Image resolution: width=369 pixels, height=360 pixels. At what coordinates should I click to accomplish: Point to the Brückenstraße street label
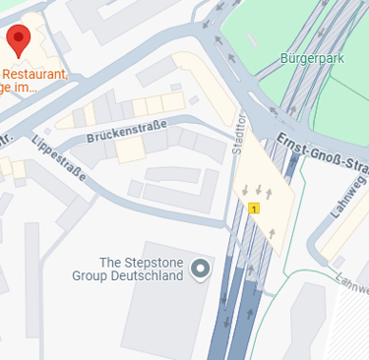coord(126,129)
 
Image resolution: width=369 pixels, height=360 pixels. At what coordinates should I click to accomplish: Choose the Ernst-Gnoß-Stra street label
coord(326,152)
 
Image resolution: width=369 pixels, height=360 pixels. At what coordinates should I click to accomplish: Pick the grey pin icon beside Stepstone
coord(202,269)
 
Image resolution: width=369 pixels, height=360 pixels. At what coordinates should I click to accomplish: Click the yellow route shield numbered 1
coord(254,209)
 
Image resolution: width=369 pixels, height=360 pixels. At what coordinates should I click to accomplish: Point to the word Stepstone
coord(153,262)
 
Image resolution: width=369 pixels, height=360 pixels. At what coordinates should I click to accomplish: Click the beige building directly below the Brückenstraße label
coord(130,150)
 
